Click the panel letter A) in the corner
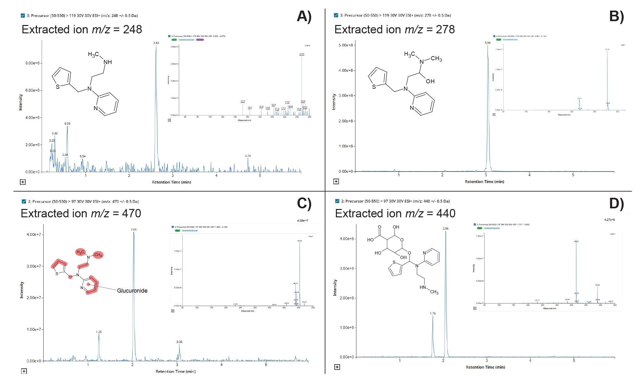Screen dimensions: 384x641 pyautogui.click(x=304, y=16)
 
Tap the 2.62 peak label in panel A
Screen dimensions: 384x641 pyautogui.click(x=156, y=43)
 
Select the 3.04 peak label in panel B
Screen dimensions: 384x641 pyautogui.click(x=487, y=43)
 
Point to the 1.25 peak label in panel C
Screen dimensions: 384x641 pyautogui.click(x=99, y=332)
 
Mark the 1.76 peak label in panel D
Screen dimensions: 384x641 pyautogui.click(x=433, y=313)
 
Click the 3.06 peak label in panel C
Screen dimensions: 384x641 pyautogui.click(x=179, y=342)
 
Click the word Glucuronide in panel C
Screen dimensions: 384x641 pyautogui.click(x=132, y=291)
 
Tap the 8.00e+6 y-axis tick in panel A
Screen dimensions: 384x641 pyautogui.click(x=32, y=63)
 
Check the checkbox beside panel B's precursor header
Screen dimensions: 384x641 pyautogui.click(x=336, y=15)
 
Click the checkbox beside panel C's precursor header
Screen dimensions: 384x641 pyautogui.click(x=24, y=202)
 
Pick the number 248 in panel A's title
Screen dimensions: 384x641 pyautogui.click(x=132, y=29)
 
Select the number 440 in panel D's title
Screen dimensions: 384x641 pyautogui.click(x=446, y=213)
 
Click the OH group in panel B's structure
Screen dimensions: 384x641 pyautogui.click(x=430, y=81)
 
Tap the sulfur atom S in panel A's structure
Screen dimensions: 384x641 pyautogui.click(x=58, y=87)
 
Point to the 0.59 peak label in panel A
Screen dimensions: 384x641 pyautogui.click(x=67, y=123)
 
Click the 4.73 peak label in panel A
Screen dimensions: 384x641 pyautogui.click(x=248, y=156)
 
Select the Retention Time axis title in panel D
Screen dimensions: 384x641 pyautogui.click(x=485, y=367)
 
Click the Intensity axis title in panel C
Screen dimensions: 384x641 pyautogui.click(x=22, y=290)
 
